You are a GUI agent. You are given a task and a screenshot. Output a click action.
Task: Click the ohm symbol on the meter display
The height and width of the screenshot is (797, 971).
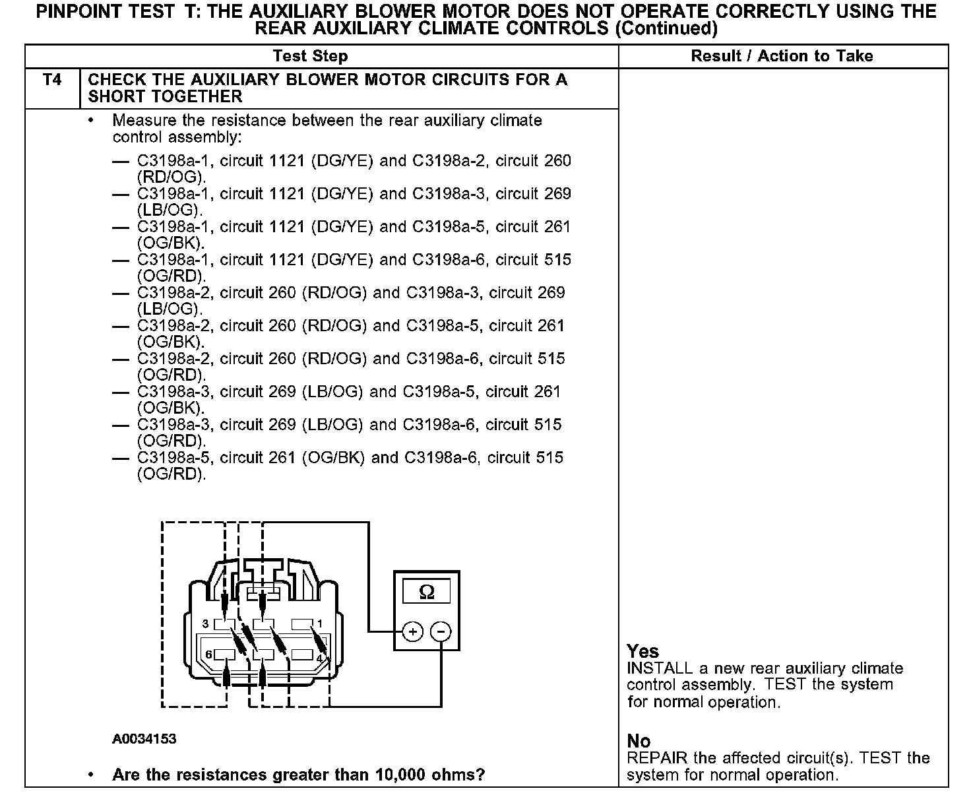[x=427, y=592]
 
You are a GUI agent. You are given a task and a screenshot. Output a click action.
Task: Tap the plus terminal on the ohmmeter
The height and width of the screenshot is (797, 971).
[x=412, y=631]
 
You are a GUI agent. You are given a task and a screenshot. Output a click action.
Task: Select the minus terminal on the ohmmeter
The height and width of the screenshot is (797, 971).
[x=441, y=631]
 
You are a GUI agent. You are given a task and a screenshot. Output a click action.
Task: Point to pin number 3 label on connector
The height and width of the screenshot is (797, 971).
[x=205, y=623]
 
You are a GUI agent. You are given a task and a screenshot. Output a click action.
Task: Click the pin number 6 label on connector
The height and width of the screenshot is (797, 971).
[x=208, y=654]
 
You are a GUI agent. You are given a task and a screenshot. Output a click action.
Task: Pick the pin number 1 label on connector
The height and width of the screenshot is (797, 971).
[x=320, y=623]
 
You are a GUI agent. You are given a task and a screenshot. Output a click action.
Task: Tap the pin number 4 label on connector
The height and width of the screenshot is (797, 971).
[x=319, y=658]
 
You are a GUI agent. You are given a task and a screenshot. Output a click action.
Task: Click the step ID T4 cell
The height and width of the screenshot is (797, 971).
[x=52, y=80]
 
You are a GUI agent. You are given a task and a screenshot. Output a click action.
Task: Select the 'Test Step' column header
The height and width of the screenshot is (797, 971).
[x=310, y=56]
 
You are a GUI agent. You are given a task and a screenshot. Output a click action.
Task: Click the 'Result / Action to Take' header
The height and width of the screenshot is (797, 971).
[x=782, y=56]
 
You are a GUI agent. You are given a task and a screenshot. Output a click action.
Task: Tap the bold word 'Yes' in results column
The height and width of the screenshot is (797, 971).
[x=642, y=651]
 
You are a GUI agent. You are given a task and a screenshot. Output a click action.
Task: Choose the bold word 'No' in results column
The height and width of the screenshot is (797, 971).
[x=639, y=741]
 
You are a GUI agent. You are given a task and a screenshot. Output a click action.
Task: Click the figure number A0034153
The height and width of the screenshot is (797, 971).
[x=144, y=739]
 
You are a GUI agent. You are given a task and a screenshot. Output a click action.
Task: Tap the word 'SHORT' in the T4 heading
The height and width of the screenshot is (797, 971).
[x=116, y=96]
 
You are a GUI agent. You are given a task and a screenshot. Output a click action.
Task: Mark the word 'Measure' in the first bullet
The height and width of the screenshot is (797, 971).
[x=142, y=121]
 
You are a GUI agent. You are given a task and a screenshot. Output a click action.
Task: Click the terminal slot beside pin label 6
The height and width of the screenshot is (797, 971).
[x=226, y=654]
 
